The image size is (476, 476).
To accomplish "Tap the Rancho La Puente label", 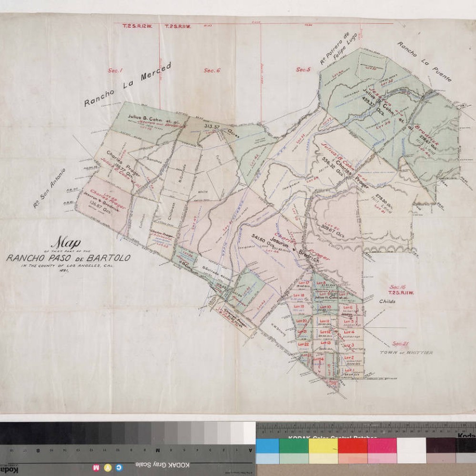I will (x=424, y=62).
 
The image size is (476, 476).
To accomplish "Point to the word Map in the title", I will (x=67, y=243).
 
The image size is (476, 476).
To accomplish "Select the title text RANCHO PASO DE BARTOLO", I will (x=68, y=258).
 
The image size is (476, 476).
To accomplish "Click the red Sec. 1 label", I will (x=115, y=71).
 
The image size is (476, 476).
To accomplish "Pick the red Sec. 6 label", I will (x=212, y=71).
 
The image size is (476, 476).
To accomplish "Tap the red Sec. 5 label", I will (x=303, y=70).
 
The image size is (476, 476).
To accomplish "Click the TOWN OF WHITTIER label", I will (x=406, y=353).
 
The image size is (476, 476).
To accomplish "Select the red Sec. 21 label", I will (x=401, y=343).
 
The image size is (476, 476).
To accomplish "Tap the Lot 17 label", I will (x=304, y=283).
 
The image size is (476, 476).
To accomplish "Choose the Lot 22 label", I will (x=303, y=344).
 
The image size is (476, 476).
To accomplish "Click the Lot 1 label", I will (x=350, y=369).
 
